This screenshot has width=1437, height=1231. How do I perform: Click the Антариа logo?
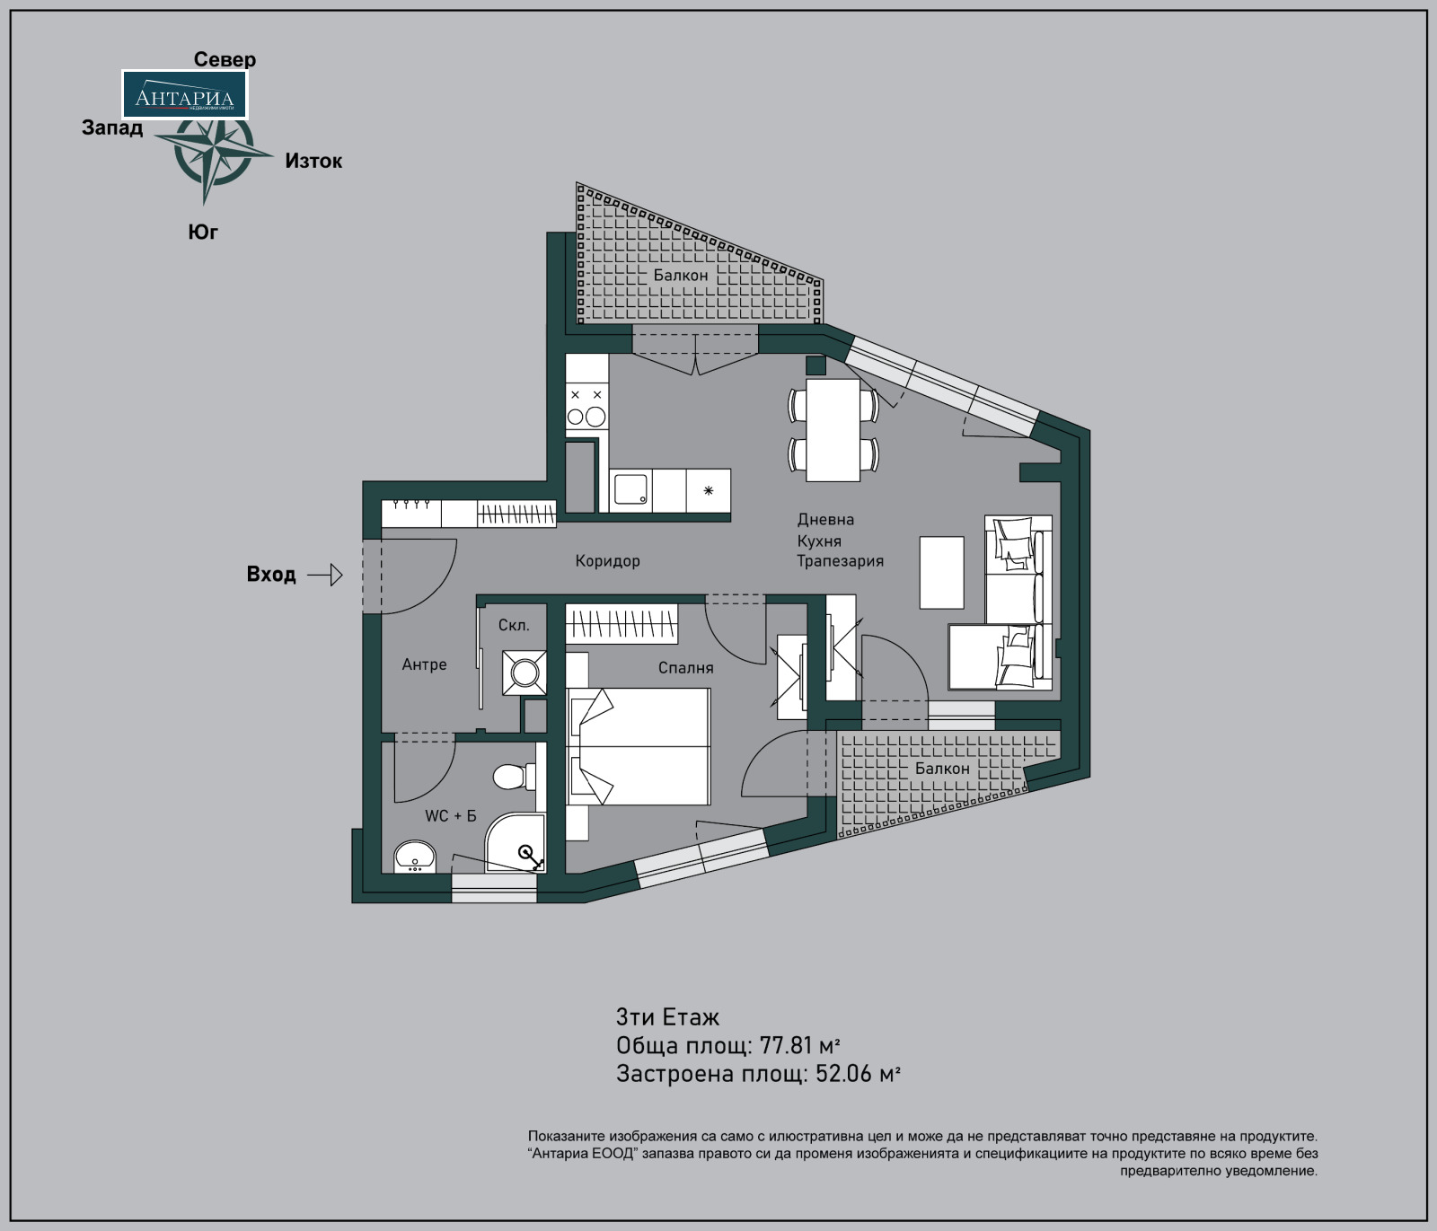tap(184, 94)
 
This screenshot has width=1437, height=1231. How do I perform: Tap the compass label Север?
tap(225, 59)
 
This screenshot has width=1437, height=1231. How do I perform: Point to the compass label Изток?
tap(313, 161)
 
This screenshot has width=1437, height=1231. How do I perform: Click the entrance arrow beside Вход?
tap(325, 575)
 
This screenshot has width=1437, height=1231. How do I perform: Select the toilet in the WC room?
tap(514, 776)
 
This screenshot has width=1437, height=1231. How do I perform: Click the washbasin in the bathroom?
tap(414, 857)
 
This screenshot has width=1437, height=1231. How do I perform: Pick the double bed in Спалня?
tap(639, 746)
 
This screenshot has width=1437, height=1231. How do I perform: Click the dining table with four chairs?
tap(833, 430)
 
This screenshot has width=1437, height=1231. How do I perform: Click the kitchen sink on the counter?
tap(630, 490)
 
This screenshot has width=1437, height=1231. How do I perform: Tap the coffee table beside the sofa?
tap(941, 573)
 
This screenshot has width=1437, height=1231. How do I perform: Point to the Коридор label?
tap(608, 561)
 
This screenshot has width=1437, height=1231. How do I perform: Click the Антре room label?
tap(424, 664)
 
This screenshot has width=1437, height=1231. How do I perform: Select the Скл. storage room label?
tap(514, 625)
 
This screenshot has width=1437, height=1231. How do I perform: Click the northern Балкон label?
tap(681, 275)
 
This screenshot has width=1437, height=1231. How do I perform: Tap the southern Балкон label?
tap(942, 769)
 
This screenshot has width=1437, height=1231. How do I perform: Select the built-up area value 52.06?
tap(843, 1074)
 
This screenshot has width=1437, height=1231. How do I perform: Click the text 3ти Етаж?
tap(667, 1017)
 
